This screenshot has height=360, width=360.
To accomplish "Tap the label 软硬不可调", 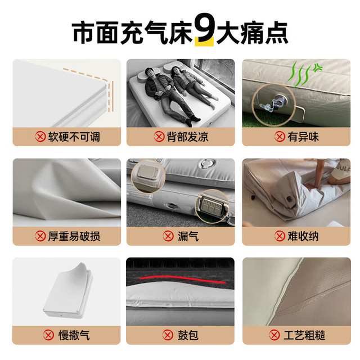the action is coord(74,137).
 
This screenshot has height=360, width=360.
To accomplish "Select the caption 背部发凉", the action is coord(187,137).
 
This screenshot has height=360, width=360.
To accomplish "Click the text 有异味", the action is coord(303,137).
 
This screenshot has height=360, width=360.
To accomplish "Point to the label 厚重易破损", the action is coord(74,236).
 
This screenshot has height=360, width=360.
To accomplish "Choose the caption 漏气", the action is coord(188,236).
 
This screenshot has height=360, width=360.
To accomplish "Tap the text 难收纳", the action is coord(303,236).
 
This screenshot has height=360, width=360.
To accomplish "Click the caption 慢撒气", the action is coord(74,335).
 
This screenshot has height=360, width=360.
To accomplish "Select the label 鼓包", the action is coord(188,335).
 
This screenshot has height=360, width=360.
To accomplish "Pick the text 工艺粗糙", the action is coord(304,335).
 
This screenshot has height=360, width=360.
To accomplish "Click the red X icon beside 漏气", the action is coord(168,236).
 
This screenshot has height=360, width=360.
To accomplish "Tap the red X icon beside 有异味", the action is coord(280,137).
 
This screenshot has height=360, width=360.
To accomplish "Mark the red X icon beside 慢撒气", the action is coord(48,335).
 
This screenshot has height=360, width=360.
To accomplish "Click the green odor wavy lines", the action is coord(303,74).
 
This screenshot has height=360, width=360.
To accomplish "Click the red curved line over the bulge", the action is coord(182,277).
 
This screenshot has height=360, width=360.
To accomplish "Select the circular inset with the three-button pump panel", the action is coord(212,206).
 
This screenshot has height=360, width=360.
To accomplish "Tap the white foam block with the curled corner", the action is coord(69,291).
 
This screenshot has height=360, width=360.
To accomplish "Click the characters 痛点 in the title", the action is coord(264,32).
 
